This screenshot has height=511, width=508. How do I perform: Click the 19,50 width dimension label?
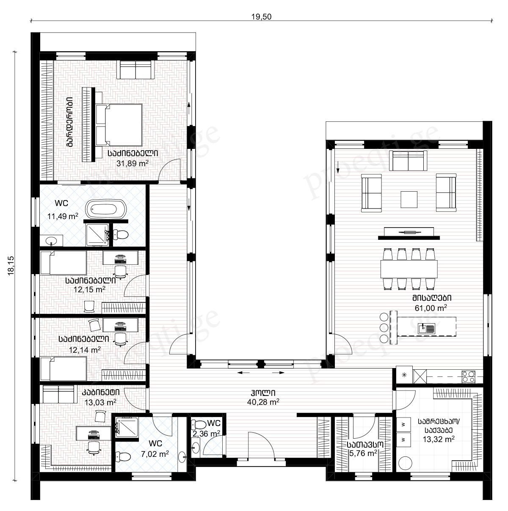(x=261, y=16)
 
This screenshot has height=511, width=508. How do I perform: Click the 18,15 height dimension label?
(x=11, y=266)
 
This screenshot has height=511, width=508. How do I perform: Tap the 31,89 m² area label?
(x=132, y=163)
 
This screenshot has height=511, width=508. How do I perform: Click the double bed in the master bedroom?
(x=119, y=125)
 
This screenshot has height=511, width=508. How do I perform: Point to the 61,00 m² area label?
(x=431, y=308)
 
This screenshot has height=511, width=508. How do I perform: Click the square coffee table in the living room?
(x=409, y=199)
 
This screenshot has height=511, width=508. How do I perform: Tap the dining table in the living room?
(x=409, y=269)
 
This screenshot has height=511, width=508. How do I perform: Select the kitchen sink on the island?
(x=426, y=329)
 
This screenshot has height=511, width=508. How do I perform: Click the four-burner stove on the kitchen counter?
(x=469, y=377)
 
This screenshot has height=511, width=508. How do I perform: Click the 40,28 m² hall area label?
(x=263, y=402)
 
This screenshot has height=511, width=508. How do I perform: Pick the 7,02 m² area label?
(x=155, y=454)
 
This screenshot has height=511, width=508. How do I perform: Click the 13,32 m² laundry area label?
(x=439, y=439)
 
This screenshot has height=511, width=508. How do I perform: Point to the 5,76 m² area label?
(x=363, y=453)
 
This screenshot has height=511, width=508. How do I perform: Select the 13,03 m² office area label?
(x=100, y=402)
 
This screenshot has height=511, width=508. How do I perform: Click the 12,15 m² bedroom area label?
(x=89, y=289)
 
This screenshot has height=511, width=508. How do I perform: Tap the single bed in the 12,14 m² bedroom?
(x=63, y=369)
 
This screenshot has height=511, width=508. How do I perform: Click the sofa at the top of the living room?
(x=408, y=160)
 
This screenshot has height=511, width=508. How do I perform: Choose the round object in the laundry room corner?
(x=405, y=463)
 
